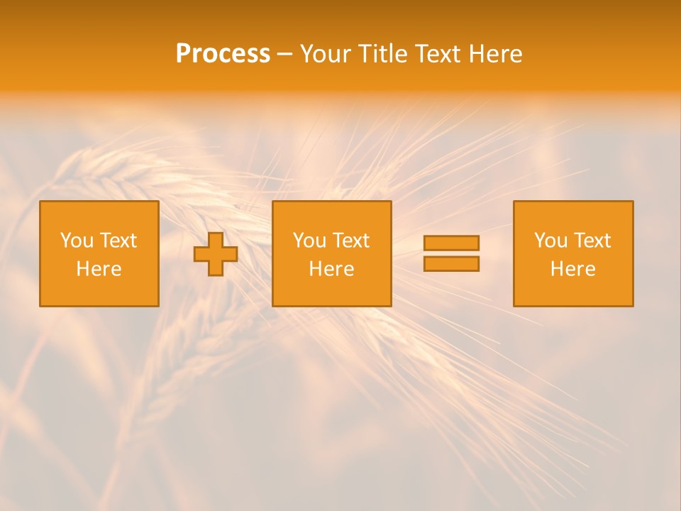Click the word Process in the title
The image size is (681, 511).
[x=223, y=54]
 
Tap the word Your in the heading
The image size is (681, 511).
[x=325, y=54]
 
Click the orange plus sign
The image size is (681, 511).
[x=216, y=254]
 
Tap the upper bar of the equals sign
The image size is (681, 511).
[x=451, y=243]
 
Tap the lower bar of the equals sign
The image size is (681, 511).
[x=451, y=264]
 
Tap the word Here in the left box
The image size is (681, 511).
[x=99, y=269]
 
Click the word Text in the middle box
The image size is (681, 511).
[x=350, y=241]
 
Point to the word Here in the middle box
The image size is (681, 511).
[x=331, y=269]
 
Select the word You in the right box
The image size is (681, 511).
[x=550, y=241]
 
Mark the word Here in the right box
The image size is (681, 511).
[x=573, y=269]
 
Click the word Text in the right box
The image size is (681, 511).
[x=592, y=241]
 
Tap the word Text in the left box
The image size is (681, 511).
[x=118, y=241]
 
